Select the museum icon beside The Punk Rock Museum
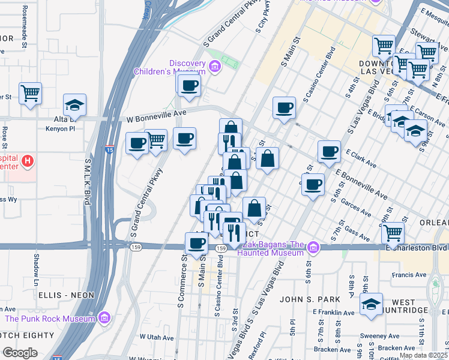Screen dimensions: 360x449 (x=104, y=317)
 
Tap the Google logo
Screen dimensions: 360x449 (x=20, y=353)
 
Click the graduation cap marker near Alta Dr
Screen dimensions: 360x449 (x=74, y=104)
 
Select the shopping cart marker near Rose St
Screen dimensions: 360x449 (x=29, y=93)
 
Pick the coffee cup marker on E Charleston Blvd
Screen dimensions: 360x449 (x=196, y=243)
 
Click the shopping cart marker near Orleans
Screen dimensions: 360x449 (x=393, y=232)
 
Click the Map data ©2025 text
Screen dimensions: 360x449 (x=423, y=355)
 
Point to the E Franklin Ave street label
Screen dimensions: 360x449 (x=334, y=313)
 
